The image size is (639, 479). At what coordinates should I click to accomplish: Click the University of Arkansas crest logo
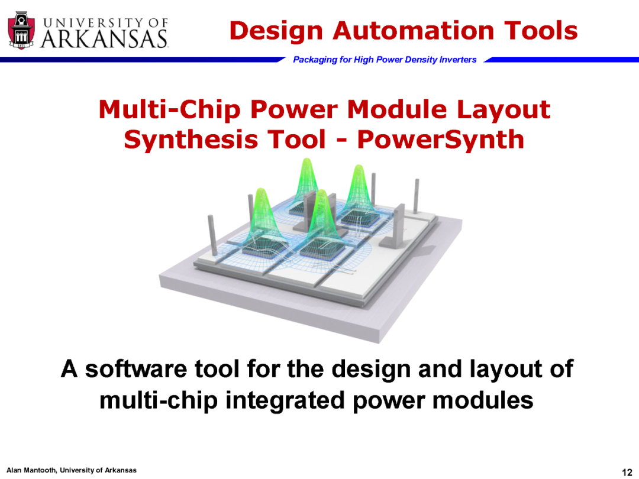coord(21,31)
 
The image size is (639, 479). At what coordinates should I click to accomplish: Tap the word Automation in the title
coord(414,31)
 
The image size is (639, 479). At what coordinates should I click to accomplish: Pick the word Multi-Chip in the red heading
coord(170,109)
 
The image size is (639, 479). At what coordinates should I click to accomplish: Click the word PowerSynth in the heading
coord(441,140)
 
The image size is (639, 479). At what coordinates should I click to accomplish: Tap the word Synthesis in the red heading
coord(191,140)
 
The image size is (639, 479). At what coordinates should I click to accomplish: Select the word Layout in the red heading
coord(504,110)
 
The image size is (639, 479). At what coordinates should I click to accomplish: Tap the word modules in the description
coord(483,400)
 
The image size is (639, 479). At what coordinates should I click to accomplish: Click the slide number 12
coord(627,472)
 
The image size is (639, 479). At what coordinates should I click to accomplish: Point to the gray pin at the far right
coord(417,196)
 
